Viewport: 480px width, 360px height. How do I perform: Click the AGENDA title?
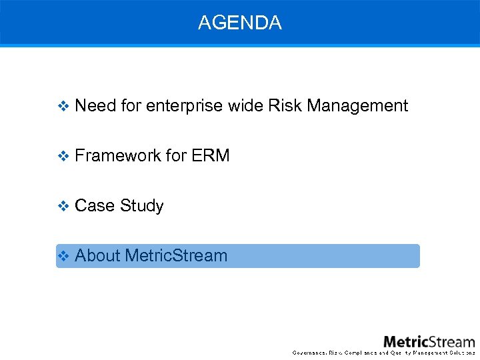click(239, 23)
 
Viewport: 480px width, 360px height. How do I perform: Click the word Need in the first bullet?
click(95, 106)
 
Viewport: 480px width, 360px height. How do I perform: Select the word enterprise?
click(185, 106)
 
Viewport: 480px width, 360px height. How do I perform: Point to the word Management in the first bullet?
click(357, 106)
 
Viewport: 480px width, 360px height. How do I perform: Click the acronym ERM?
click(210, 156)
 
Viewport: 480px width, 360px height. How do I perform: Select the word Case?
click(94, 206)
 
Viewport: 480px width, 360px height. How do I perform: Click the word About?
click(97, 256)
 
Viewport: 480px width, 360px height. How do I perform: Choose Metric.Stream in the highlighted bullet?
click(176, 256)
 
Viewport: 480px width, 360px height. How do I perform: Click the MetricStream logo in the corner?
click(429, 341)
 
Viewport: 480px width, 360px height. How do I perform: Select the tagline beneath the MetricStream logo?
click(384, 353)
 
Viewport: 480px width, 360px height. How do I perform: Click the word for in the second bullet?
click(176, 156)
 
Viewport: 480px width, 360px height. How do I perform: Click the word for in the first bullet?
click(131, 106)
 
